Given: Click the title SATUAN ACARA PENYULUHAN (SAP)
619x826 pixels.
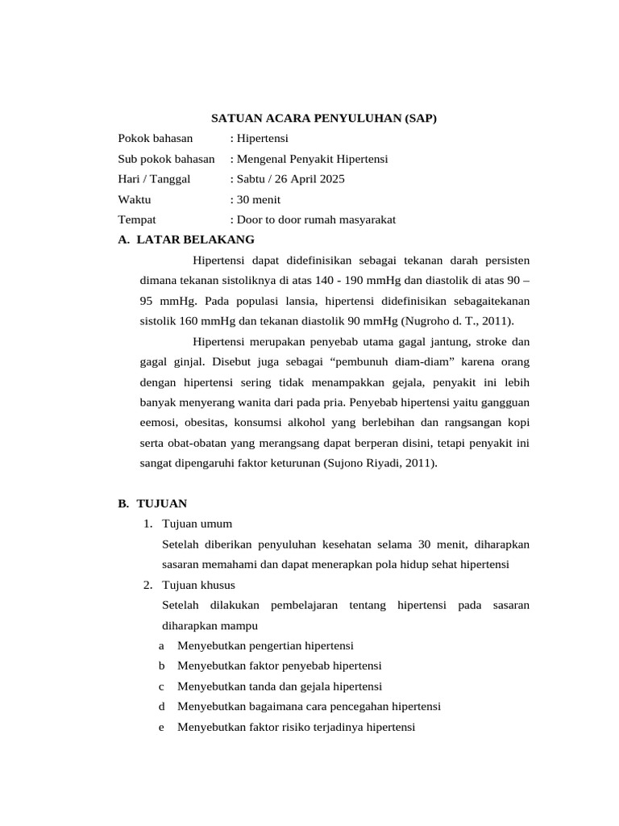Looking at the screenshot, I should (323, 119).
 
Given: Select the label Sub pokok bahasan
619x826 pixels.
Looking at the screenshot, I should (166, 159).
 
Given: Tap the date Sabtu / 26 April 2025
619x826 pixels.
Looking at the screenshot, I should (289, 179).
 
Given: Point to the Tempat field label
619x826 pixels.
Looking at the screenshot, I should (137, 219).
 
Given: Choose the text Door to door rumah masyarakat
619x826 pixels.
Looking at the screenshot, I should (315, 219).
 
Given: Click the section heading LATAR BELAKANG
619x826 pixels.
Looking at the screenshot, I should (195, 240).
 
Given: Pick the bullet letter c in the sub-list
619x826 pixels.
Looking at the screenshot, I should (162, 686).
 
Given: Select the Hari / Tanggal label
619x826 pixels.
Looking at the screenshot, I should (154, 179).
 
